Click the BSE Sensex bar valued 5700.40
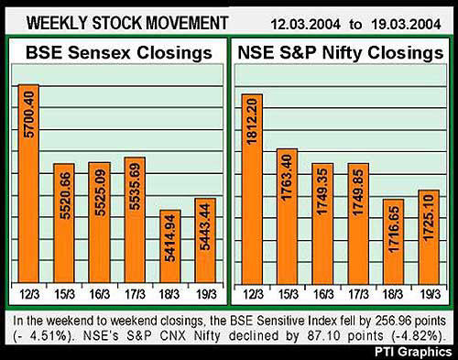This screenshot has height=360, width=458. [x=28, y=183]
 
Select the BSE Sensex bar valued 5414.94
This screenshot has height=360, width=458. [x=170, y=247]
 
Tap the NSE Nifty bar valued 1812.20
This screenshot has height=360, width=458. [x=252, y=188]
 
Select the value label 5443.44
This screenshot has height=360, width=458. [x=206, y=233]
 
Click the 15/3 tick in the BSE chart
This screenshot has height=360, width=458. [x=63, y=292]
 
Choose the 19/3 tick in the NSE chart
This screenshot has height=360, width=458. [x=428, y=292]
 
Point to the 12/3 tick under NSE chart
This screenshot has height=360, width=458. [x=252, y=292]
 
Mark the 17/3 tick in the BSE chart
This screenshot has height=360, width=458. [x=135, y=292]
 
